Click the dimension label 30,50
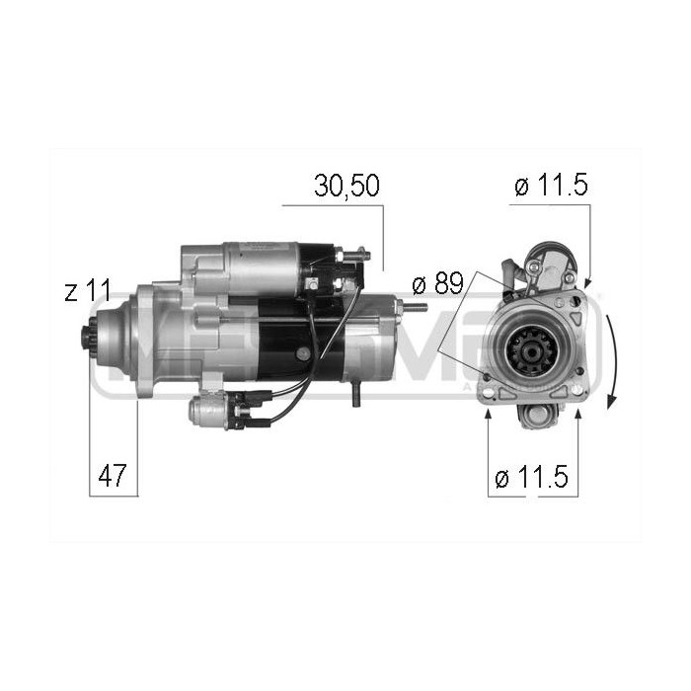(346, 186)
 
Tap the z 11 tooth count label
(86, 292)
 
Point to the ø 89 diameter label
(436, 284)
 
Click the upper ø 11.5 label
(551, 186)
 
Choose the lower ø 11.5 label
(531, 479)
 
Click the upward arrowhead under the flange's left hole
(490, 414)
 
